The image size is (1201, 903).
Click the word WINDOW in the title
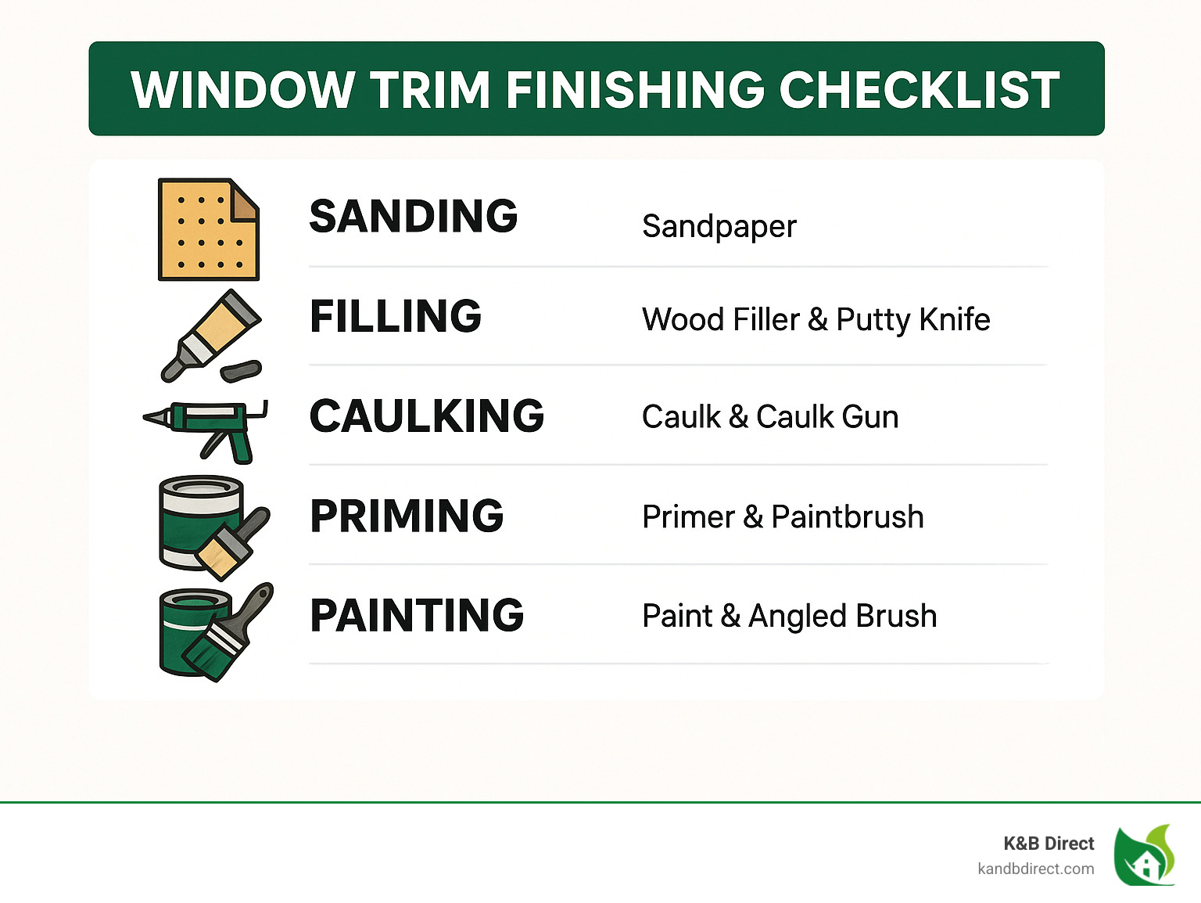point(242,90)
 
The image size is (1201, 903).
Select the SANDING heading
point(414,217)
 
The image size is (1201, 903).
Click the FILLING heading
point(396,317)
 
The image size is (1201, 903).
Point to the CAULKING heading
point(427,416)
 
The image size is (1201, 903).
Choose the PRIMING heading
point(407,516)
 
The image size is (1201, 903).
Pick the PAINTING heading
point(417,616)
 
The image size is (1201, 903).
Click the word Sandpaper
point(719,227)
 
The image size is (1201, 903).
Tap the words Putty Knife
point(912,320)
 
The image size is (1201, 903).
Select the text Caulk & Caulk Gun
point(770,417)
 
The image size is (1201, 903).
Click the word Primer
point(688,517)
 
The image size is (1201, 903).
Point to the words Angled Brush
point(842,617)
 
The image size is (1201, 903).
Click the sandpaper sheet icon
point(208,229)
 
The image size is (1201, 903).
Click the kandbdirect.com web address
point(1035,869)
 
